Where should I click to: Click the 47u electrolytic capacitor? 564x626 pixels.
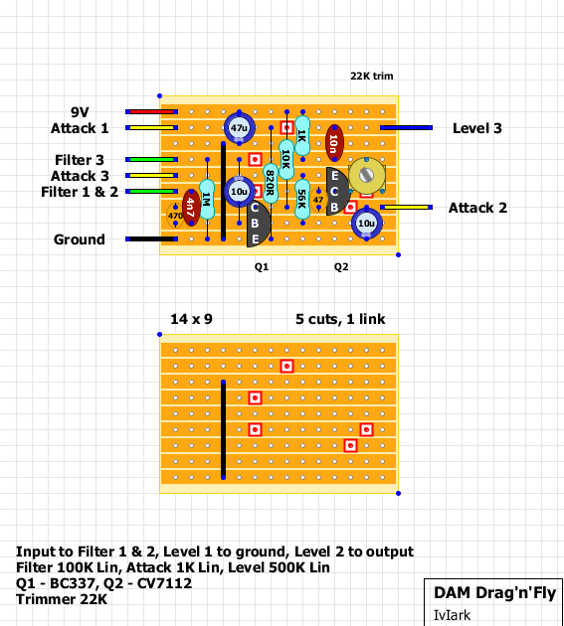coord(239,128)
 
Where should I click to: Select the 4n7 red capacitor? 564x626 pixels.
coord(191,208)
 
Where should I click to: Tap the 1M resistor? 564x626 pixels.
coord(207,199)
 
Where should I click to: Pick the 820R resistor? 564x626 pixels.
coord(271,183)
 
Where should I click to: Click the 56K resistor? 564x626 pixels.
coord(302,199)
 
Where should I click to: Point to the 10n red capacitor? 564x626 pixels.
coord(334,143)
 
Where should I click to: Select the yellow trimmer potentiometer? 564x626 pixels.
coord(367,175)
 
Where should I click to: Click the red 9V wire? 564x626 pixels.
coord(151,111)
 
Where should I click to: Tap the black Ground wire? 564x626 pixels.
coord(151,239)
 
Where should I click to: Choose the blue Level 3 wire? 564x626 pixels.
coord(406,128)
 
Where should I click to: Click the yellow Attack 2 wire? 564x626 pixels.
coord(406,208)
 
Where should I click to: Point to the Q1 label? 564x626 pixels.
coord(262,266)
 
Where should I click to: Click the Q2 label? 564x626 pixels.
coord(341,266)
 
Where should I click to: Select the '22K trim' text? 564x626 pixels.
coord(372,76)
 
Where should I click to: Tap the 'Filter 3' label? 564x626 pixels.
coord(80,160)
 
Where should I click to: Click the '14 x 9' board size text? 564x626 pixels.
coord(191,319)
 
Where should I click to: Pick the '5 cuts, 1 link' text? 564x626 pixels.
coord(340,319)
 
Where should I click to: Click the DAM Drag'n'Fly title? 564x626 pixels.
coord(494,593)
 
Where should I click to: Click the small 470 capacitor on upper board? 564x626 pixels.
coord(175,216)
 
